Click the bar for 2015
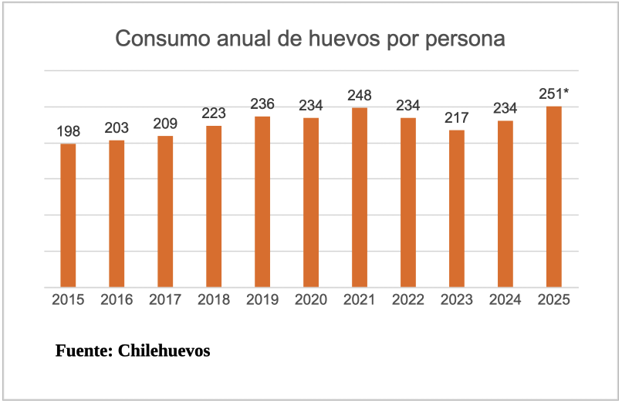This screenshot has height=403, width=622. pyautogui.click(x=68, y=215)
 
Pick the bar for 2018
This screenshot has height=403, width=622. pyautogui.click(x=214, y=206)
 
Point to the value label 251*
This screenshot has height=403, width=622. pyautogui.click(x=554, y=94)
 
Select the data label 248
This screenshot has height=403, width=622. pyautogui.click(x=360, y=96)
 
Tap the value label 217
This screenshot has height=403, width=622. pyautogui.click(x=457, y=118)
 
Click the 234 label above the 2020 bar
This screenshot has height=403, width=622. pyautogui.click(x=311, y=106)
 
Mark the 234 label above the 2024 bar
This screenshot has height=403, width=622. pyautogui.click(x=505, y=109)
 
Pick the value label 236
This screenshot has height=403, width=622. pyautogui.click(x=262, y=104)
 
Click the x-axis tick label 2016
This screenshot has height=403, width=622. pyautogui.click(x=117, y=300)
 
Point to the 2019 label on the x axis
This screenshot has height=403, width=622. pyautogui.click(x=262, y=300)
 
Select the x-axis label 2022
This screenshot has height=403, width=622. pyautogui.click(x=408, y=300)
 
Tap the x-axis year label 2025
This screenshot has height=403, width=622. pyautogui.click(x=554, y=300)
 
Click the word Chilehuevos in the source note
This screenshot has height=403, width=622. pyautogui.click(x=164, y=351)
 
